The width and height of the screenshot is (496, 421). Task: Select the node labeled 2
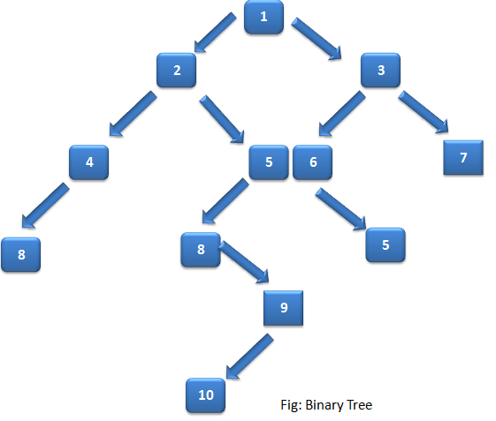[x=177, y=71]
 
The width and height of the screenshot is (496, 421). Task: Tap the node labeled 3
[x=381, y=71]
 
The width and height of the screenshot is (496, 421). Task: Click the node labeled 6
[x=312, y=162]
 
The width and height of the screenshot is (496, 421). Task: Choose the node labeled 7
[x=463, y=158]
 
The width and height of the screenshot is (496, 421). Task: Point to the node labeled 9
[x=283, y=307]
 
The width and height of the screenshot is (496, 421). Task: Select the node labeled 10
[x=205, y=395]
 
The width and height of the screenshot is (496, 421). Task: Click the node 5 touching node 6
[x=269, y=162]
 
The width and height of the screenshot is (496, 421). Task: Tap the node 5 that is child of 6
[x=385, y=244]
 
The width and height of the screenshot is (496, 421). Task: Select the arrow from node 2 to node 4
[x=132, y=115]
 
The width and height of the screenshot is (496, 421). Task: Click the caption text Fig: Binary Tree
[x=326, y=405]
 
